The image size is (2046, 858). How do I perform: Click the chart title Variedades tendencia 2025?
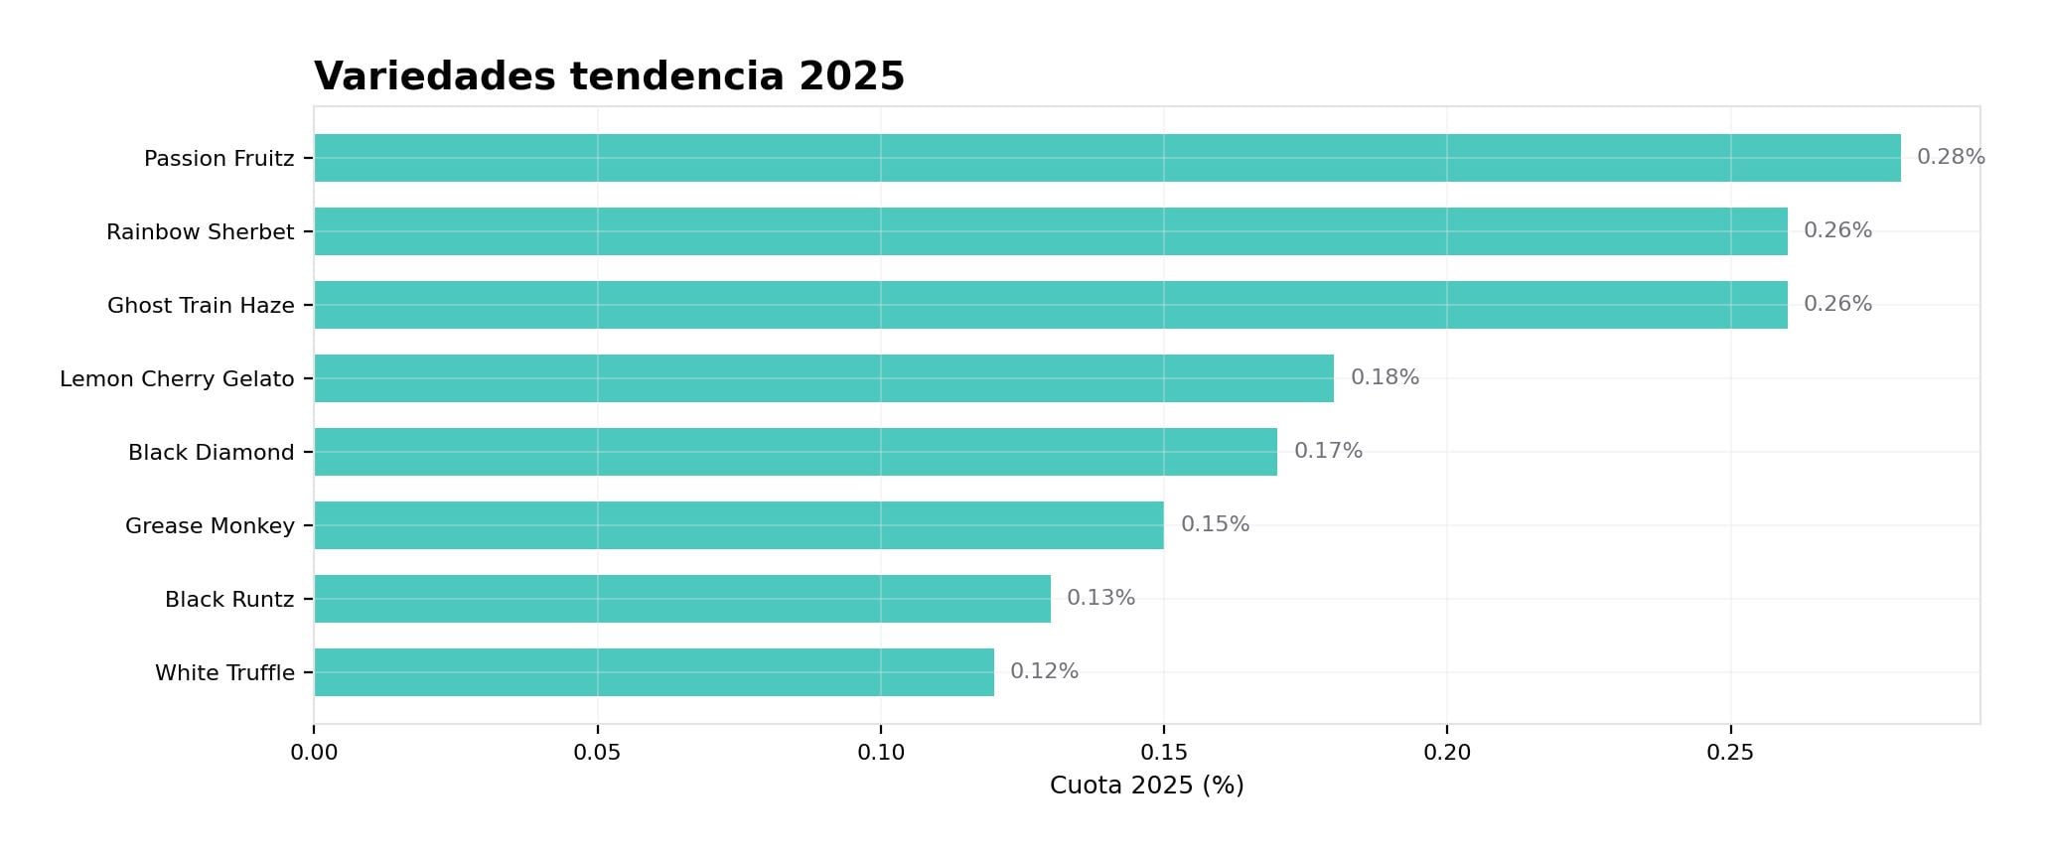[609, 76]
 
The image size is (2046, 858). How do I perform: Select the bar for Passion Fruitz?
[1106, 158]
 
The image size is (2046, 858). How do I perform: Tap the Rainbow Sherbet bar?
[1050, 231]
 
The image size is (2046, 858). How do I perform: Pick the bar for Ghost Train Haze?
[1050, 305]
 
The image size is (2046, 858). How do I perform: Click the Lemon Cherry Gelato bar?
[823, 378]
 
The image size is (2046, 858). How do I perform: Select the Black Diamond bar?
[795, 452]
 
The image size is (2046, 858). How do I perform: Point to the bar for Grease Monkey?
[738, 525]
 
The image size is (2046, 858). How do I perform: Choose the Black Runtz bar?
[681, 599]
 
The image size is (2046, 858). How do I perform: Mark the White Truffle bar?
[654, 672]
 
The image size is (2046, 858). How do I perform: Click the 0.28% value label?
[1950, 157]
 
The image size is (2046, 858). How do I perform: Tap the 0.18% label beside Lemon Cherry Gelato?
[1385, 377]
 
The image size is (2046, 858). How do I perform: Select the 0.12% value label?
[1044, 671]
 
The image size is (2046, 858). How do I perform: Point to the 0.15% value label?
[1215, 524]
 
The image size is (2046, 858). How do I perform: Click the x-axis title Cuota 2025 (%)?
[1146, 786]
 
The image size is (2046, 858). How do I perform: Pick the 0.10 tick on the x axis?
[881, 753]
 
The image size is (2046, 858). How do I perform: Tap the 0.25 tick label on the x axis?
[1730, 753]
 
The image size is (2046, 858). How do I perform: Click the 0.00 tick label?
[314, 753]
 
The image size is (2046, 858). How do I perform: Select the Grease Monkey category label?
[210, 525]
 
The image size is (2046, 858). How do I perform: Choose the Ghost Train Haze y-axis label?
[201, 305]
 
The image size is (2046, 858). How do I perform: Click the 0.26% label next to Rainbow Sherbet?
[1837, 230]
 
